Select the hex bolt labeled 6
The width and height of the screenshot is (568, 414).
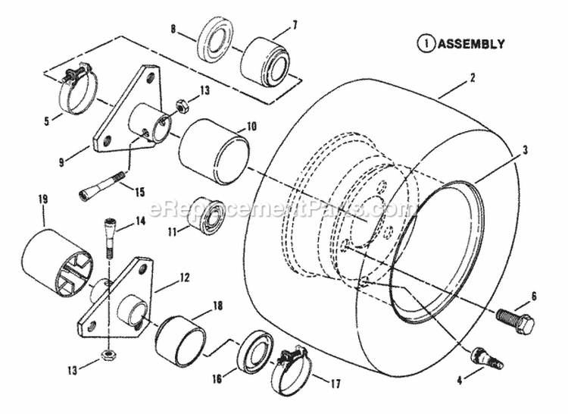pyautogui.click(x=516, y=318)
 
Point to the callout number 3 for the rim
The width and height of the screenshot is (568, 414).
pyautogui.click(x=523, y=152)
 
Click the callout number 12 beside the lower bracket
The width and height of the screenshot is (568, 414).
pyautogui.click(x=184, y=278)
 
